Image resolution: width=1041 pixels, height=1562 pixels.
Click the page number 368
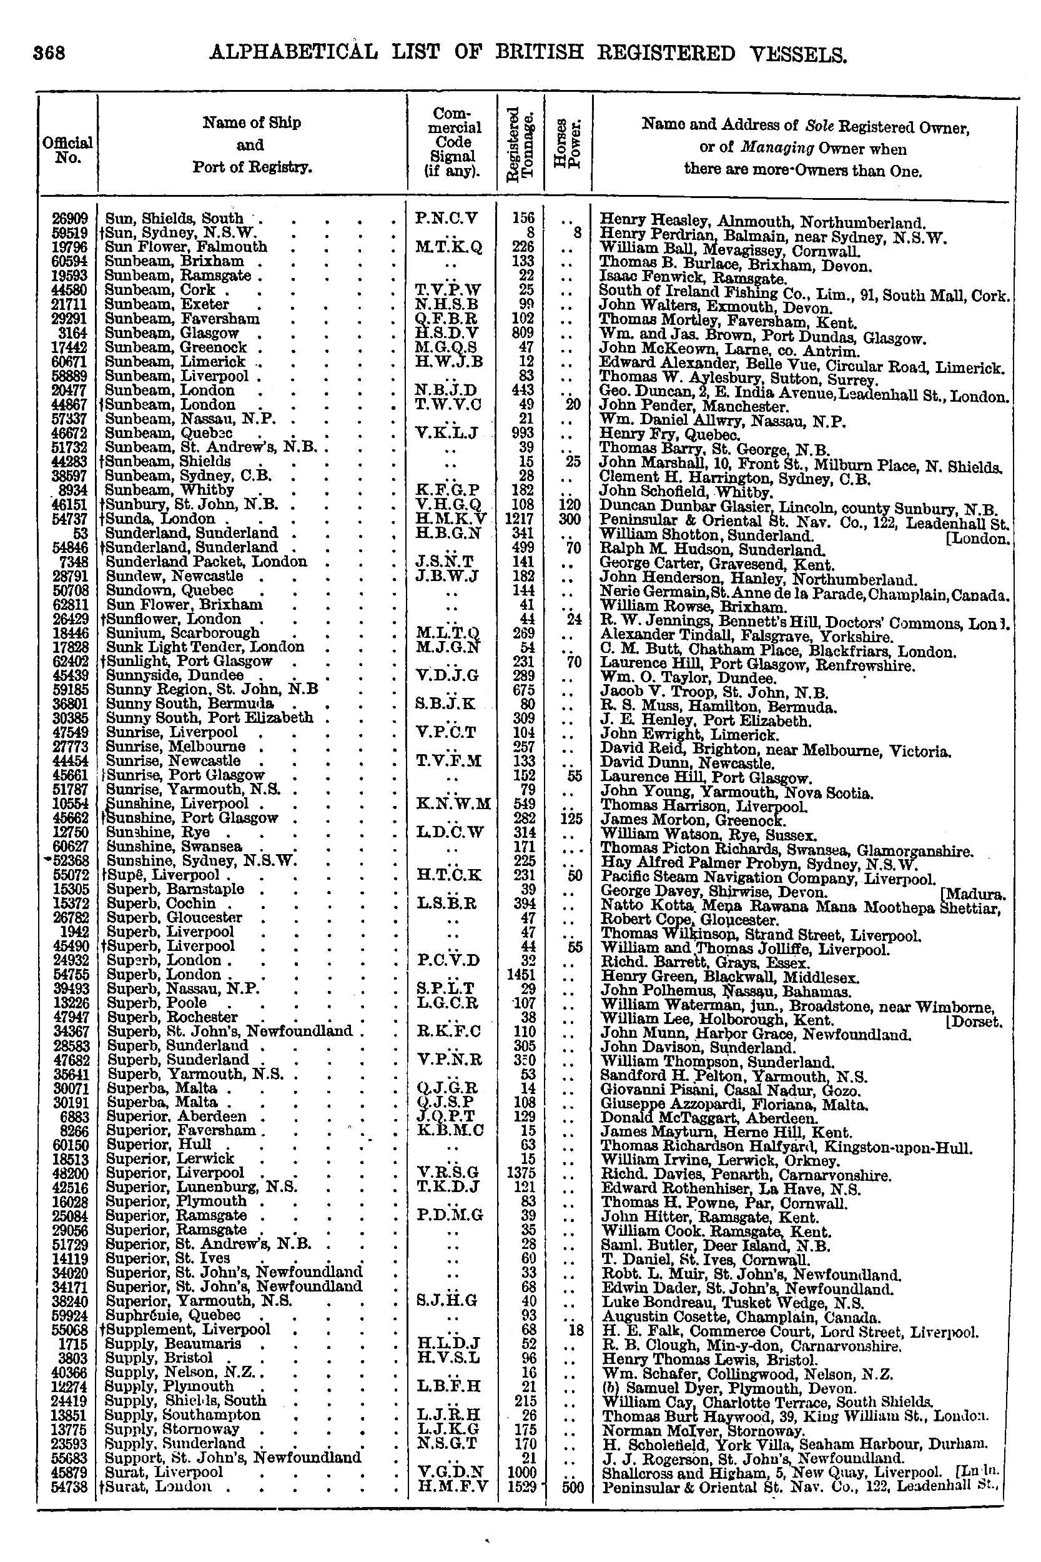click(50, 53)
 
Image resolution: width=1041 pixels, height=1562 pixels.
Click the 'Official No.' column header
click(67, 150)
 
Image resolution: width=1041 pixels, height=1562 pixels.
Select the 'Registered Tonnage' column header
click(521, 143)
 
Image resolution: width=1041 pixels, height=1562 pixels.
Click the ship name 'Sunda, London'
click(160, 519)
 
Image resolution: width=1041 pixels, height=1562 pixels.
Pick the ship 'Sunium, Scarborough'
click(182, 633)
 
